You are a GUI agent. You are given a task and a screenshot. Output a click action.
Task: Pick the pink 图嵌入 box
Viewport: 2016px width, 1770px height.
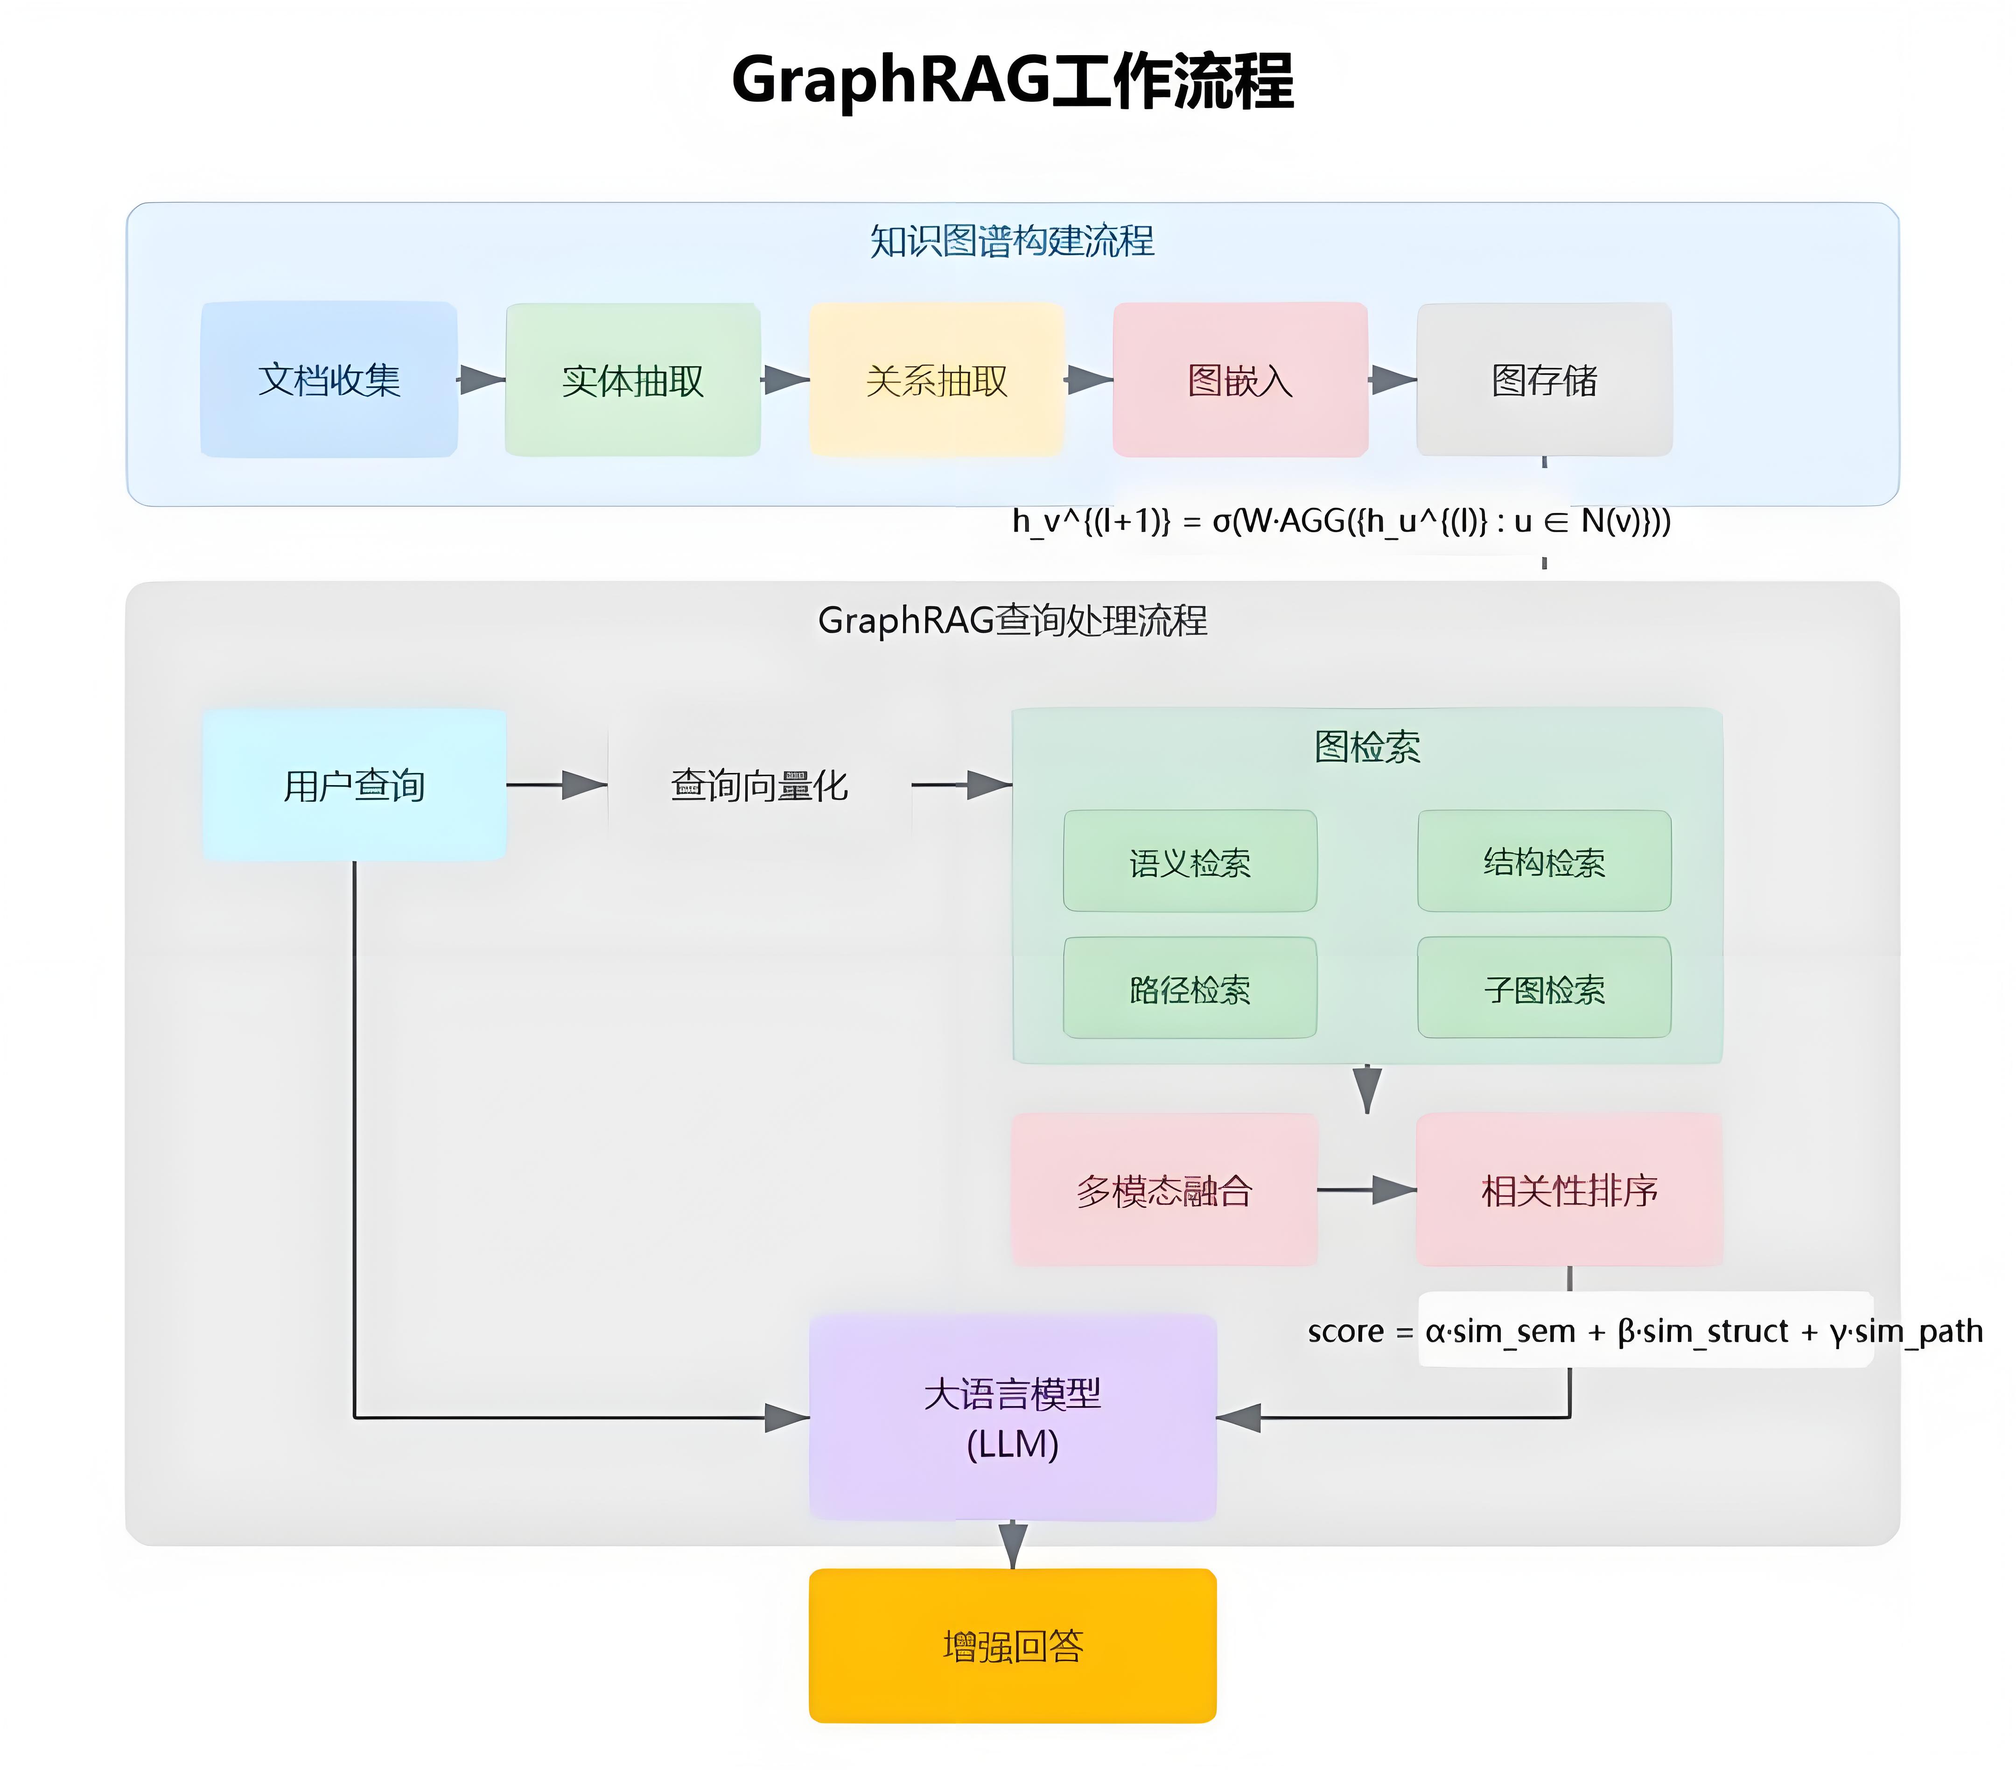1240,380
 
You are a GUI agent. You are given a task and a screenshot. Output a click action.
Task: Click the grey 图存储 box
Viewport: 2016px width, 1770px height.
1544,380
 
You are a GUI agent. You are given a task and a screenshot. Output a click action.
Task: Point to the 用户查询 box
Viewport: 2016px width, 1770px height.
354,786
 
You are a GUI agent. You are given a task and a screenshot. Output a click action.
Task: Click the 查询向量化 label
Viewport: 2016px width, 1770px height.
758,786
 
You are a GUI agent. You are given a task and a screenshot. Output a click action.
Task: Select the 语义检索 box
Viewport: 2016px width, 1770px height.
1190,861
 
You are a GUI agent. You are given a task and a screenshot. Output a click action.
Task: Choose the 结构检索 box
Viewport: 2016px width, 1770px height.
1544,861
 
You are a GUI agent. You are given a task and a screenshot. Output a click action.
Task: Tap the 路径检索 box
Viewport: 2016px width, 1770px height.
1190,988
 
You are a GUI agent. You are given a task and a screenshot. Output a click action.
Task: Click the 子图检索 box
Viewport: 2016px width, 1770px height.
1544,988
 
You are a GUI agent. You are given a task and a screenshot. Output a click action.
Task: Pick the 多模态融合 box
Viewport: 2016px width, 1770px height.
1164,1190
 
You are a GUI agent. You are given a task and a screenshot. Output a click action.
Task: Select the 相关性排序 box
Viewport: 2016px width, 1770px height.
1568,1190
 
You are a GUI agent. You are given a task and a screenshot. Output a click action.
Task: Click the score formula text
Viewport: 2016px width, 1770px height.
1644,1331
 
